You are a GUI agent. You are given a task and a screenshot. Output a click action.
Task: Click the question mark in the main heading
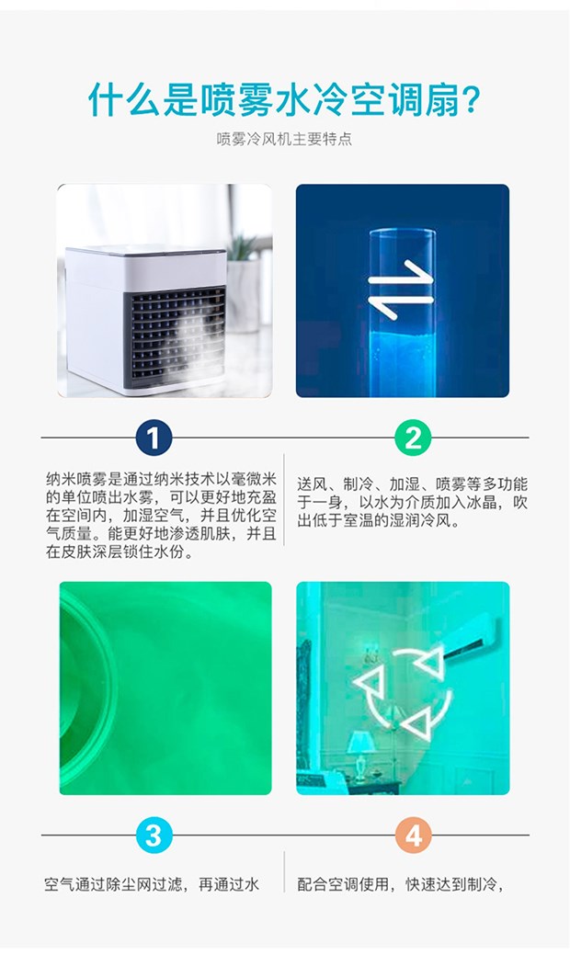(467, 99)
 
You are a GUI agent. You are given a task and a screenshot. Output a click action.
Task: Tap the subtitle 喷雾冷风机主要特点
(284, 139)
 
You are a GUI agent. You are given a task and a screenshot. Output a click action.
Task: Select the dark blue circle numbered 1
(154, 438)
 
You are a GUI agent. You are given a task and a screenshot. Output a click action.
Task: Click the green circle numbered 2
(413, 438)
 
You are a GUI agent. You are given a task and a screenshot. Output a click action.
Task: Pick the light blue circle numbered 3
(154, 835)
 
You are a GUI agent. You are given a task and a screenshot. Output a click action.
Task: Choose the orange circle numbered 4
(414, 835)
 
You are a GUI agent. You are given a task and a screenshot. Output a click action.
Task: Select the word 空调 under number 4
(344, 884)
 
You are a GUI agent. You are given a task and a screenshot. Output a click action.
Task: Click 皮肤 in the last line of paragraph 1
(76, 551)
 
